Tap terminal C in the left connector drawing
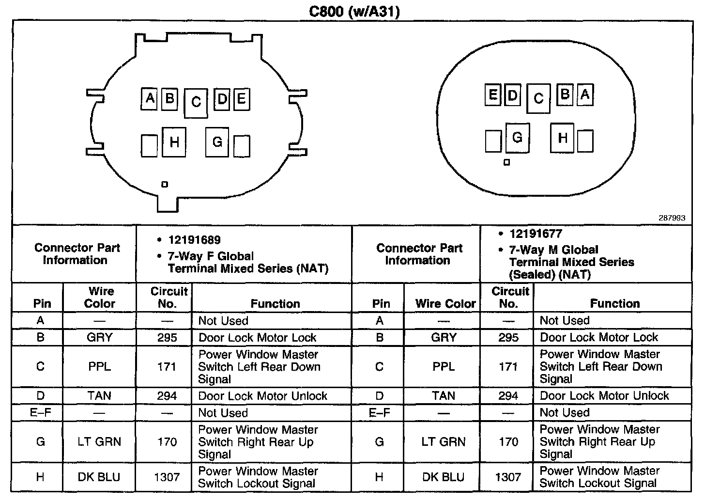point(196,103)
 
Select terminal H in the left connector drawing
point(174,142)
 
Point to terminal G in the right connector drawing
point(517,138)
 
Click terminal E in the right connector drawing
point(492,94)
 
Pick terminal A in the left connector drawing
point(150,99)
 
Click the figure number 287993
point(672,218)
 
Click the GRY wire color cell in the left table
point(99,338)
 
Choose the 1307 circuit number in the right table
point(508,477)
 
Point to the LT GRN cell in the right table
point(444,442)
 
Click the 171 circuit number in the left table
point(167,367)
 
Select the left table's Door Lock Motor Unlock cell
point(263,396)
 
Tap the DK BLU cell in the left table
point(99,477)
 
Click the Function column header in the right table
point(614,304)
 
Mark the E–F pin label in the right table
point(379,413)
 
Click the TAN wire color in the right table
point(444,396)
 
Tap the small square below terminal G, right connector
point(506,163)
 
